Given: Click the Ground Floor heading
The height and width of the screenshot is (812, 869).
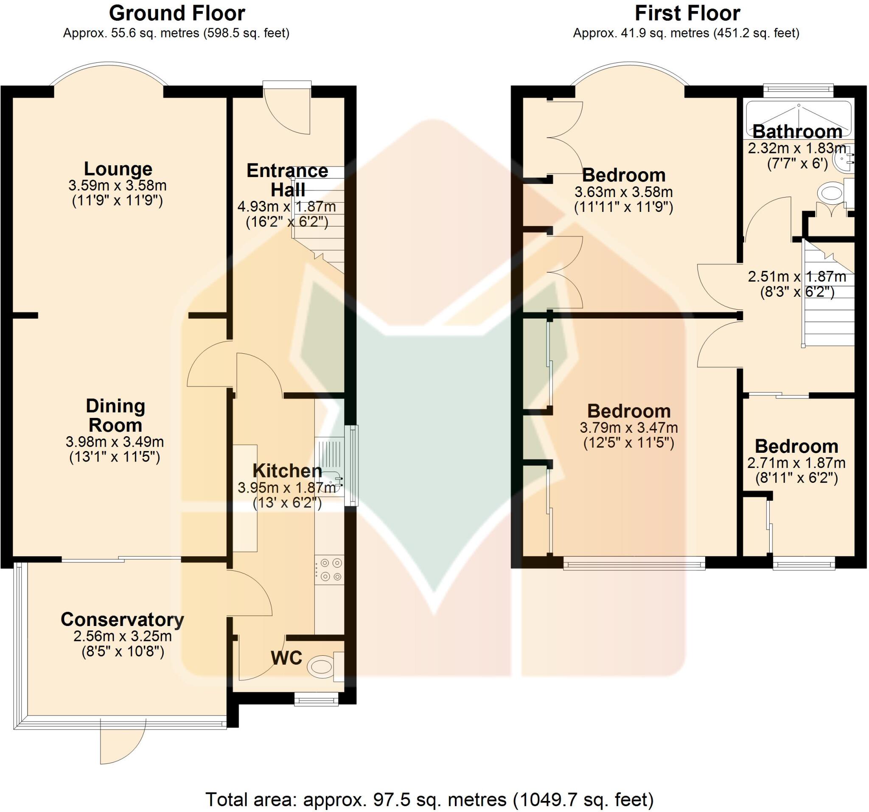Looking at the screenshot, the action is (177, 14).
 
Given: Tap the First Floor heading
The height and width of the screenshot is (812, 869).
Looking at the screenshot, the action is (687, 14).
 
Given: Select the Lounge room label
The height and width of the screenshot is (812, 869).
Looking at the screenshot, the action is (118, 169).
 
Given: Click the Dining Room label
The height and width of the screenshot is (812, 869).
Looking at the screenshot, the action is (115, 416).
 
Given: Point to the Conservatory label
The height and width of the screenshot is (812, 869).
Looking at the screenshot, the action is (122, 620).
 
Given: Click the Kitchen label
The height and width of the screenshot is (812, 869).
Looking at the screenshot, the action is (287, 471).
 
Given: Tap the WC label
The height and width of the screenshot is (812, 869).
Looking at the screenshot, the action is (286, 657).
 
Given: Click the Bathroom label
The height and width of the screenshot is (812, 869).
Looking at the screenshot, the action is (797, 132).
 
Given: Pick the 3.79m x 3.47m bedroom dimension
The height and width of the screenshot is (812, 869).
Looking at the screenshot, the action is (628, 427).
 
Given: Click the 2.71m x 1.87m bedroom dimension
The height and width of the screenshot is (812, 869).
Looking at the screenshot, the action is (796, 463).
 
